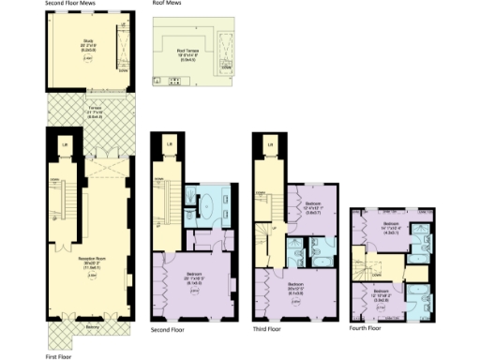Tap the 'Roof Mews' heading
point(166,4)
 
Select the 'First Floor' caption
point(59,356)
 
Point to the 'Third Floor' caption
point(269,330)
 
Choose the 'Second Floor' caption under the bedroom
point(168,330)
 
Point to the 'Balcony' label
point(91,327)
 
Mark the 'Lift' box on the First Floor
point(63,143)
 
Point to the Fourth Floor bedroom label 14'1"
point(393,226)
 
